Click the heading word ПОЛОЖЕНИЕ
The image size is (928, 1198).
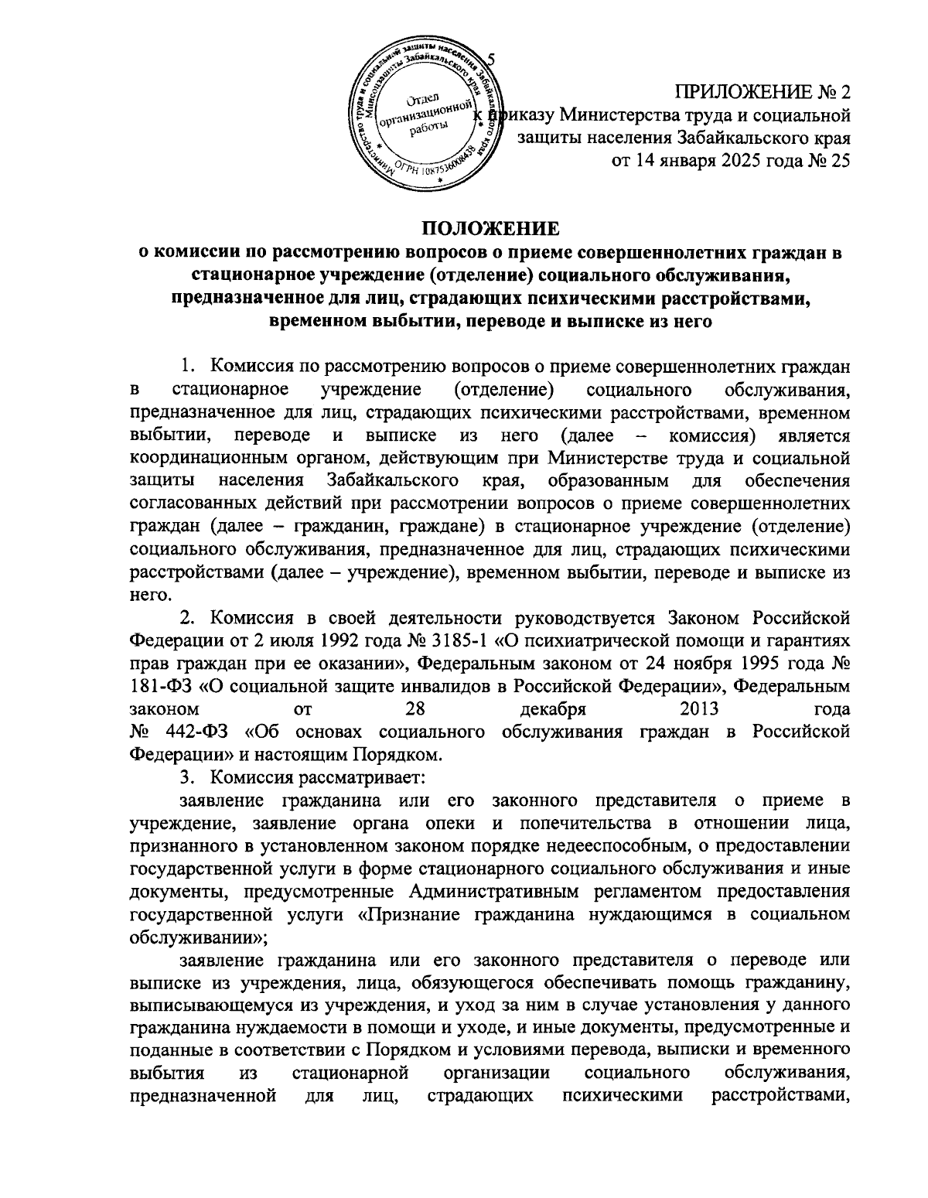coord(489,229)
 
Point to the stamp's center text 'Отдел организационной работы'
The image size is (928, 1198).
coord(422,115)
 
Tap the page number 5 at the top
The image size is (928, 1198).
coord(493,61)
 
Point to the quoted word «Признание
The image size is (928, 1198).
coord(410,914)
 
